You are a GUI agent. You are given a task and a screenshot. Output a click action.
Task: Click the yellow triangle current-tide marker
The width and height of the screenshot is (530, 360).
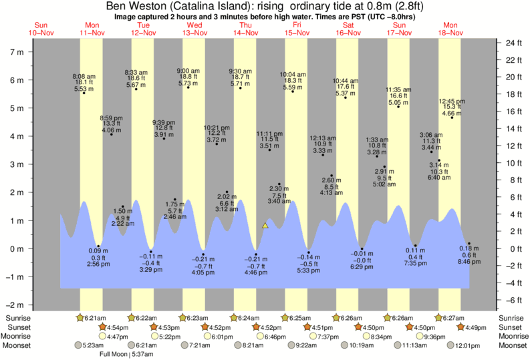[265, 226]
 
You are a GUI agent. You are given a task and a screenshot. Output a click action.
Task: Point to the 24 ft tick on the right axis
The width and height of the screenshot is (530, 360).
[512, 43]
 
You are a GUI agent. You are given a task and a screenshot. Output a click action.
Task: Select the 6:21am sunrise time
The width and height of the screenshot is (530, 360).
[94, 317]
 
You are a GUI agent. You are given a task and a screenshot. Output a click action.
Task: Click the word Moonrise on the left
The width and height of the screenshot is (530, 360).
[17, 336]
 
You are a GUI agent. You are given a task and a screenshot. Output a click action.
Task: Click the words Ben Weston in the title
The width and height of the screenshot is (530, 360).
[131, 5]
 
